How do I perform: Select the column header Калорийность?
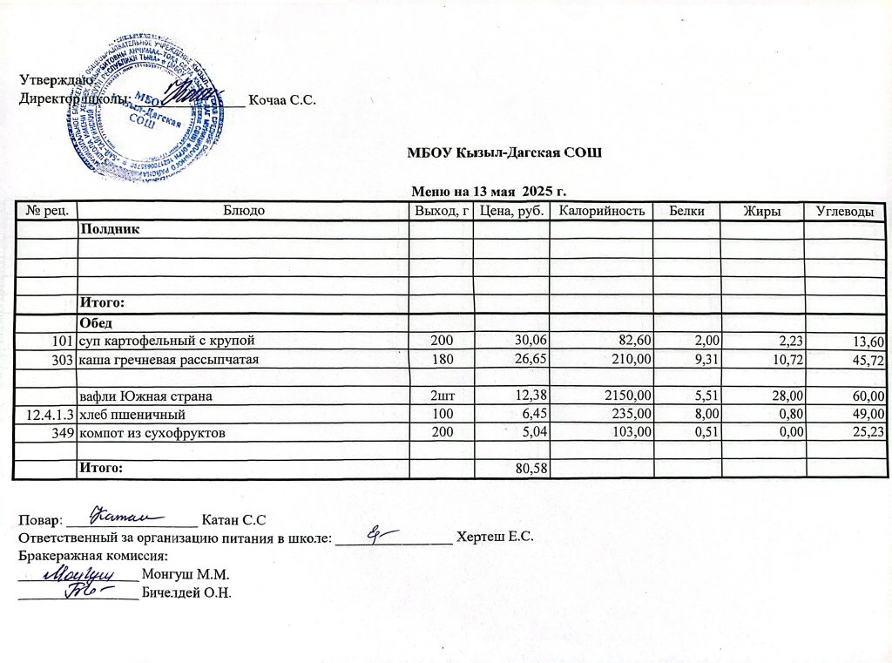click(x=601, y=211)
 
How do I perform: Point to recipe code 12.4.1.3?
click(x=46, y=415)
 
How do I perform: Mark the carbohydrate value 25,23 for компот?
click(x=867, y=433)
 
